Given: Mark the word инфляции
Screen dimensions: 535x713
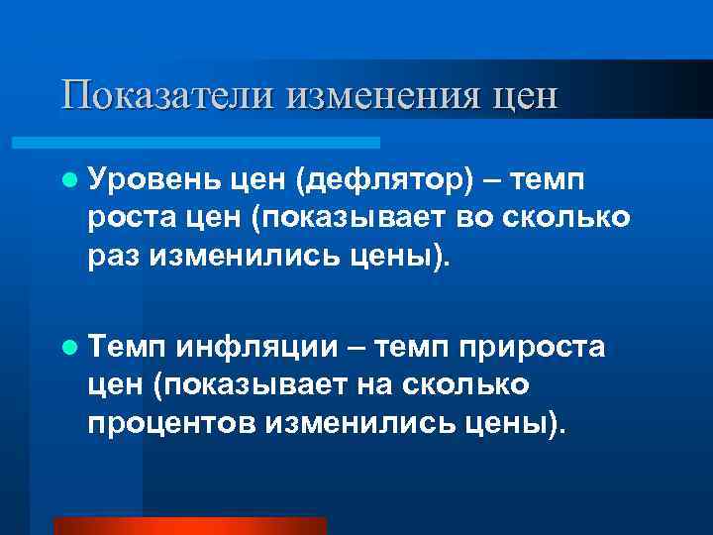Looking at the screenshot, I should click(x=253, y=348).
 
